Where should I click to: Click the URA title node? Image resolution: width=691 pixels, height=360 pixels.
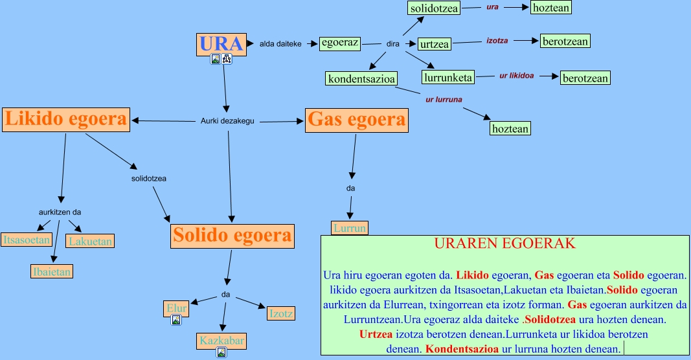coord(221,44)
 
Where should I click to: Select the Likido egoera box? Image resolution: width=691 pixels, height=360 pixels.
coord(66,119)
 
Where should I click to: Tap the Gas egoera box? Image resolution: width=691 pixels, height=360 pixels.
coord(357,120)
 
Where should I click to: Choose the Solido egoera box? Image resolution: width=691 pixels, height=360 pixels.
coord(232,235)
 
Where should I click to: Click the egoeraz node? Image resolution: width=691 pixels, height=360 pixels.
coord(339,43)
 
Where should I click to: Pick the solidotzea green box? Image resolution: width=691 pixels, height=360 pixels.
coord(434,8)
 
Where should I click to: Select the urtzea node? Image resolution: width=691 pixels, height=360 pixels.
coord(435,44)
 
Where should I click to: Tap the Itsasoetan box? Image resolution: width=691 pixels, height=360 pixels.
coord(27,240)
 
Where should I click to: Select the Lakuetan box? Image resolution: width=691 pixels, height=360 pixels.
coord(91,242)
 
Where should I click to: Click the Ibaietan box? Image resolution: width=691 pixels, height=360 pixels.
coord(51,271)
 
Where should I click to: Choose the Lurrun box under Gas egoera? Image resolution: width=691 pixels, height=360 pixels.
coord(350,228)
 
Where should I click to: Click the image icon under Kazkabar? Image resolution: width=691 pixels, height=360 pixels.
coord(221,352)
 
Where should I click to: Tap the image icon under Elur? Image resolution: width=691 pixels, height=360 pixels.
coord(176,320)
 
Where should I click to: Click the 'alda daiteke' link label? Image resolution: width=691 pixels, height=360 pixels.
coord(280,44)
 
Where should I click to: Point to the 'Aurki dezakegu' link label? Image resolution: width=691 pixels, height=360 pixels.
coord(227,120)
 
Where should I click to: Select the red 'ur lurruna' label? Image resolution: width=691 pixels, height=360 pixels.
coord(444,100)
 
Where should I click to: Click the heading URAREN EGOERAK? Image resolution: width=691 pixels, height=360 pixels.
coord(504,244)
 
